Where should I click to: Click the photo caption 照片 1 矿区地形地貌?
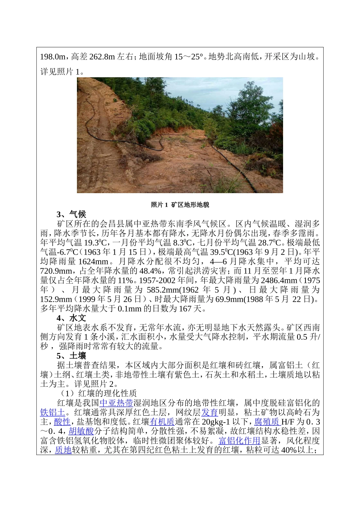point(180,205)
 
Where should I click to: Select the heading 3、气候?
point(71,214)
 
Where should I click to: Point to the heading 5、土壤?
point(71,356)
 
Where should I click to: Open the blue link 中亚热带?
point(116,403)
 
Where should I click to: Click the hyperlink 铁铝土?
point(53,412)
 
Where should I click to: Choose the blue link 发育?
point(210,412)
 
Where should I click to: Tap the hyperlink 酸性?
point(62,422)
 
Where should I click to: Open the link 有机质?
point(162,422)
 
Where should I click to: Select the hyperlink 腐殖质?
point(266,422)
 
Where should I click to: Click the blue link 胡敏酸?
point(81,431)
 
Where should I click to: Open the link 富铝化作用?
point(239,440)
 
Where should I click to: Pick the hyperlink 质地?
point(63,450)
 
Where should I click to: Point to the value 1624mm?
point(93,261)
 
